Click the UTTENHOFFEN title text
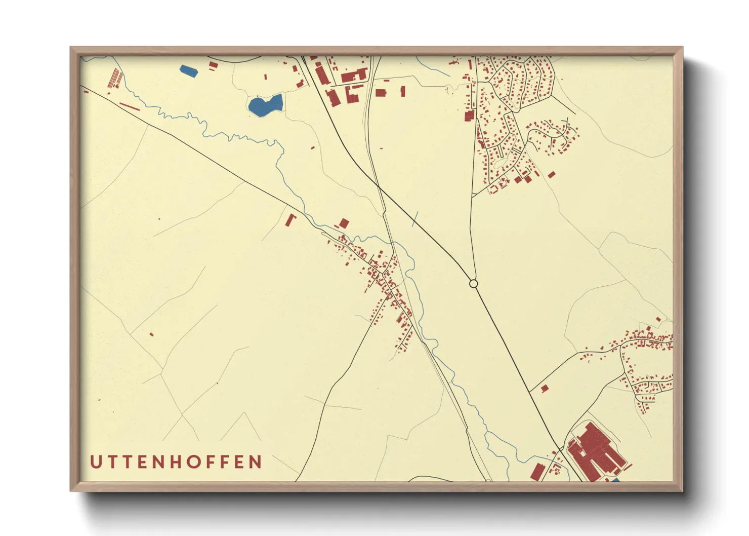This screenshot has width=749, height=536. coord(176,462)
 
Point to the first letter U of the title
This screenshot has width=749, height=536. coord(95,462)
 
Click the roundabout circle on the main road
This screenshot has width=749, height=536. coord(473,284)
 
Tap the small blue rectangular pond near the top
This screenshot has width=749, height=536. coord(188,70)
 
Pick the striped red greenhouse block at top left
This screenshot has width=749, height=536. coord(116,78)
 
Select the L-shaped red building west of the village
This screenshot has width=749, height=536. coord(290,220)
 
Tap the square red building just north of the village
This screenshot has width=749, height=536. coord(344,223)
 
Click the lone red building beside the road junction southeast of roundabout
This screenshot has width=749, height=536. coord(545,389)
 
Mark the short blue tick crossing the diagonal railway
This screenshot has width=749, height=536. coord(415,219)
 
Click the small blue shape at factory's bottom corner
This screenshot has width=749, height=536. coord(615,479)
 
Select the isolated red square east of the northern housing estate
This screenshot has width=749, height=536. coord(552,175)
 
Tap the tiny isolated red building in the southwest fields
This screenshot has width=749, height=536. coord(151,334)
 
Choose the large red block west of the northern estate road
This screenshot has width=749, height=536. coord(469,116)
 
